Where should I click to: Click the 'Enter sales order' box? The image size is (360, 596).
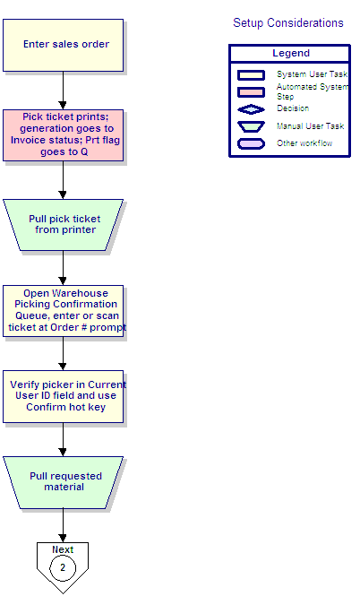coord(63,45)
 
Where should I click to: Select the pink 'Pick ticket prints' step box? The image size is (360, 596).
coord(63,135)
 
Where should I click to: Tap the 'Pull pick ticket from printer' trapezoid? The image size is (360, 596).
coord(63,225)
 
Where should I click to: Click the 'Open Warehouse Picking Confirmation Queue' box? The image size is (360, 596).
coord(63,311)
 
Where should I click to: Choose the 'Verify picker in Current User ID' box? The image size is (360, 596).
coord(63,396)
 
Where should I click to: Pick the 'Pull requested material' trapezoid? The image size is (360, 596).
coord(63,482)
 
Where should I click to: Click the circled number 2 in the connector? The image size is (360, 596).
coord(63,568)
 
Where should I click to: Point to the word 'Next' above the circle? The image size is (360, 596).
coord(63,549)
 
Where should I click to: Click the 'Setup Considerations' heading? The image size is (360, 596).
coord(288,22)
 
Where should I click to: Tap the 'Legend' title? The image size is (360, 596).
coord(291,53)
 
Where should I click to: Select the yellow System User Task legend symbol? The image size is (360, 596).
coord(251,75)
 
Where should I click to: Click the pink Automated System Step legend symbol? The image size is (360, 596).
coord(251,92)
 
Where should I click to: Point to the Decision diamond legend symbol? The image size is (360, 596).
coord(251,109)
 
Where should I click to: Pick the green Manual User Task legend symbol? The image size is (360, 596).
coord(251,126)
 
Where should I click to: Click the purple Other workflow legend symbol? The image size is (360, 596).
coord(251,143)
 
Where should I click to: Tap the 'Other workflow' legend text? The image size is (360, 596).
coord(304,143)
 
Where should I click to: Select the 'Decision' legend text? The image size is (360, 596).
coord(293,108)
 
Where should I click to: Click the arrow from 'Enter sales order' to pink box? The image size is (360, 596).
coord(63,91)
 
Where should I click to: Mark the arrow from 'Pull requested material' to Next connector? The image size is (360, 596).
coord(63,525)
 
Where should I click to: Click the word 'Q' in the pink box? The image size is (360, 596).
coord(84,152)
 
